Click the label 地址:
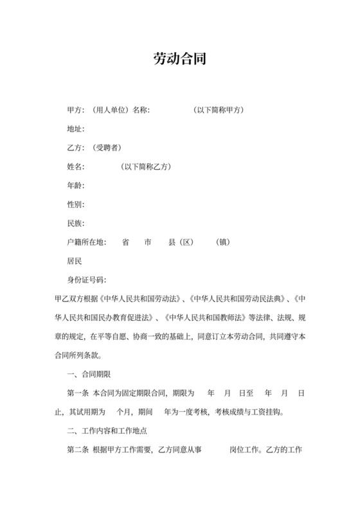pyautogui.click(x=76, y=129)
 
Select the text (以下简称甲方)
pyautogui.click(x=218, y=111)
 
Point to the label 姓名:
pyautogui.click(x=76, y=167)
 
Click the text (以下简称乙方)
pyautogui.click(x=145, y=167)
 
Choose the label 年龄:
pyautogui.click(x=76, y=186)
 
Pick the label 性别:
pyautogui.click(x=76, y=205)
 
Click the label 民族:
pyautogui.click(x=76, y=224)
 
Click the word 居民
pyautogui.click(x=75, y=262)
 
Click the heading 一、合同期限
pyautogui.click(x=89, y=375)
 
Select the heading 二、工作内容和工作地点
pyautogui.click(x=107, y=431)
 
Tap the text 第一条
pyautogui.click(x=78, y=393)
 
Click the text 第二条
pyautogui.click(x=78, y=450)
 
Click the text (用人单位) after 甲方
pyautogui.click(x=109, y=111)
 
